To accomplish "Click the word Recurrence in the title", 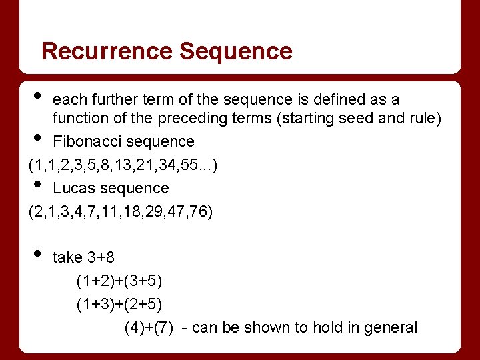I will [x=107, y=51].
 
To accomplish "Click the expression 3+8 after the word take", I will [x=101, y=257].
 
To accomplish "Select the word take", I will [x=67, y=257].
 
